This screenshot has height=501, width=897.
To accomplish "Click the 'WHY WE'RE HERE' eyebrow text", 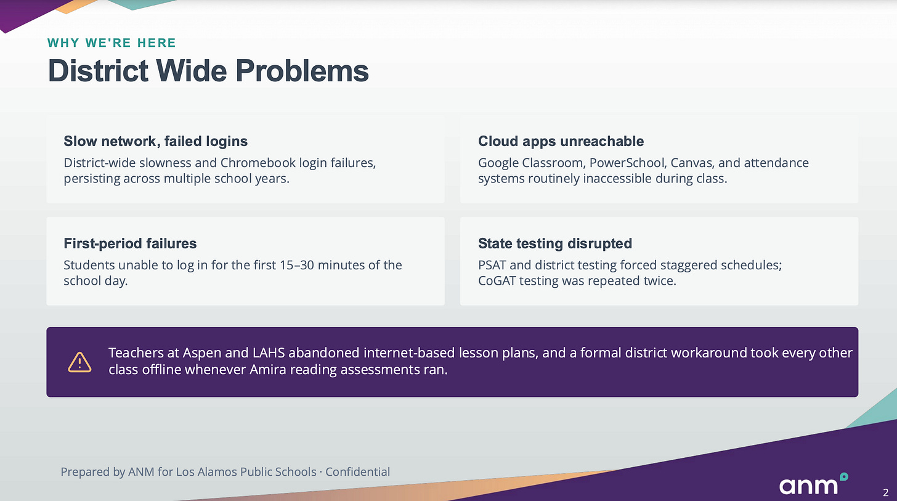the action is tap(112, 43).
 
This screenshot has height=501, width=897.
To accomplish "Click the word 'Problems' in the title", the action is tap(302, 71).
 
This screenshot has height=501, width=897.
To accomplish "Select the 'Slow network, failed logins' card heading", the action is tap(156, 141).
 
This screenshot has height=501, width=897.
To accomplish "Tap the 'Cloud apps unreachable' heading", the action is tap(561, 141).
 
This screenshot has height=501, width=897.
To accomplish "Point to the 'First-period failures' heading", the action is tap(130, 243).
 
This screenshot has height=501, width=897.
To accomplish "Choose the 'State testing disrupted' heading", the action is tap(555, 243).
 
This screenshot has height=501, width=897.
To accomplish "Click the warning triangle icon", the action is tap(79, 362).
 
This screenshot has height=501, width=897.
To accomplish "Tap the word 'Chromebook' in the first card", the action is tap(258, 163).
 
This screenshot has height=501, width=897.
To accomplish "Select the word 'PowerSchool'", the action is tap(627, 163).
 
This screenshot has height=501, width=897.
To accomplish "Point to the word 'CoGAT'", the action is tap(497, 281).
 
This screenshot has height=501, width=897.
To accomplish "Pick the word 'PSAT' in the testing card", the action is tap(492, 265).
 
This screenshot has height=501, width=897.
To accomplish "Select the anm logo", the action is tap(814, 483).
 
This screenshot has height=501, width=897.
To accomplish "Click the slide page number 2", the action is tap(885, 492).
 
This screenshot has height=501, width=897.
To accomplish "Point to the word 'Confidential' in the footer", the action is tap(357, 472).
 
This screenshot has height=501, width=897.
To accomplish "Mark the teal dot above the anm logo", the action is tap(844, 476).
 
